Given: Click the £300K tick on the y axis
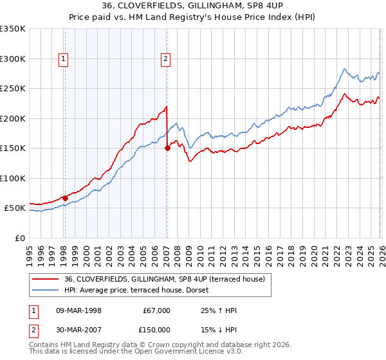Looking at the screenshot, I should [x=13, y=59].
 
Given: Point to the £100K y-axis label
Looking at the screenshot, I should [x=13, y=178].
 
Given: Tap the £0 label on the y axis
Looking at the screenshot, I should [x=20, y=238].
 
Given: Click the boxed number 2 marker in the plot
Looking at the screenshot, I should [x=165, y=59].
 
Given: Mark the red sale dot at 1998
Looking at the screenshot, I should [x=65, y=198].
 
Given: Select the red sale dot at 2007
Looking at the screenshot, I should [x=167, y=148].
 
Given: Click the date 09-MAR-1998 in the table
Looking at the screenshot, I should [x=75, y=310].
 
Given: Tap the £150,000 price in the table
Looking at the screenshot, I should [x=156, y=330].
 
